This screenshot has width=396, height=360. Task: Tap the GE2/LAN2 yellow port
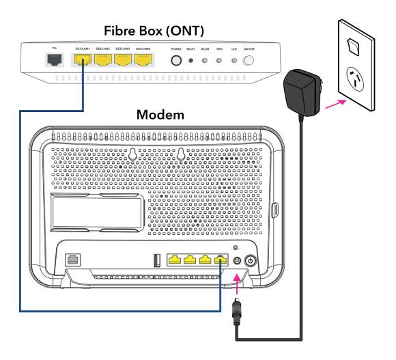[x=104, y=60]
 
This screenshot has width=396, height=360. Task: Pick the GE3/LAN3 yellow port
[x=124, y=60]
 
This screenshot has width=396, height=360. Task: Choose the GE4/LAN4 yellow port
[x=143, y=60]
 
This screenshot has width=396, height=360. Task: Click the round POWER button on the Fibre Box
[x=177, y=60]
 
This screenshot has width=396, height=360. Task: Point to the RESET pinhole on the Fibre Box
[x=191, y=61]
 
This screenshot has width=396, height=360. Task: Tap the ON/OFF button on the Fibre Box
[x=248, y=61]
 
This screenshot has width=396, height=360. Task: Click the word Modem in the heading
[x=160, y=115]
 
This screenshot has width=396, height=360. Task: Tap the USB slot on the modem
[x=156, y=260]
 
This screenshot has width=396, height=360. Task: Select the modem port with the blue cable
[x=220, y=260]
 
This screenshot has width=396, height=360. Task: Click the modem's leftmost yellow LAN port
[x=175, y=260]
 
